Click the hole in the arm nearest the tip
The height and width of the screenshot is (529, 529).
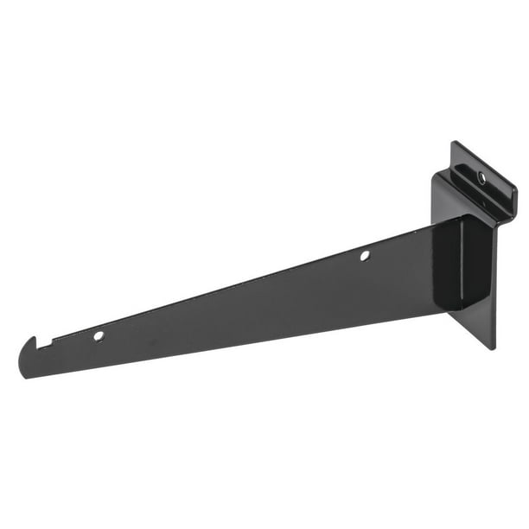tap(99, 335)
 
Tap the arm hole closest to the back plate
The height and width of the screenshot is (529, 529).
tap(365, 255)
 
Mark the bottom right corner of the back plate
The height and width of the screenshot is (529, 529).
tap(494, 347)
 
